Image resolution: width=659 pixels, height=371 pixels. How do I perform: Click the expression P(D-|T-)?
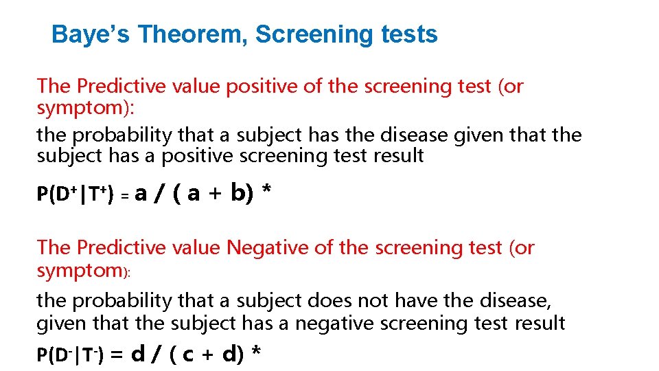70,355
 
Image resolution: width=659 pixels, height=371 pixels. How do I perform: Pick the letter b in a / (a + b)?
238,193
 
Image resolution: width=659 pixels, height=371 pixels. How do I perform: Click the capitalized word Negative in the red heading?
269,247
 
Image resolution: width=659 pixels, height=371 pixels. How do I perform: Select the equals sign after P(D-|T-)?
117,355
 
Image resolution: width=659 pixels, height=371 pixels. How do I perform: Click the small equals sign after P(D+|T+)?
126,196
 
